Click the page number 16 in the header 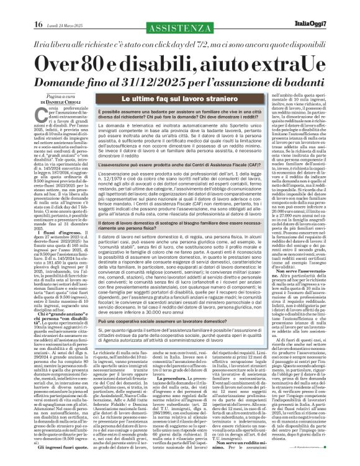(14, 8)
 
